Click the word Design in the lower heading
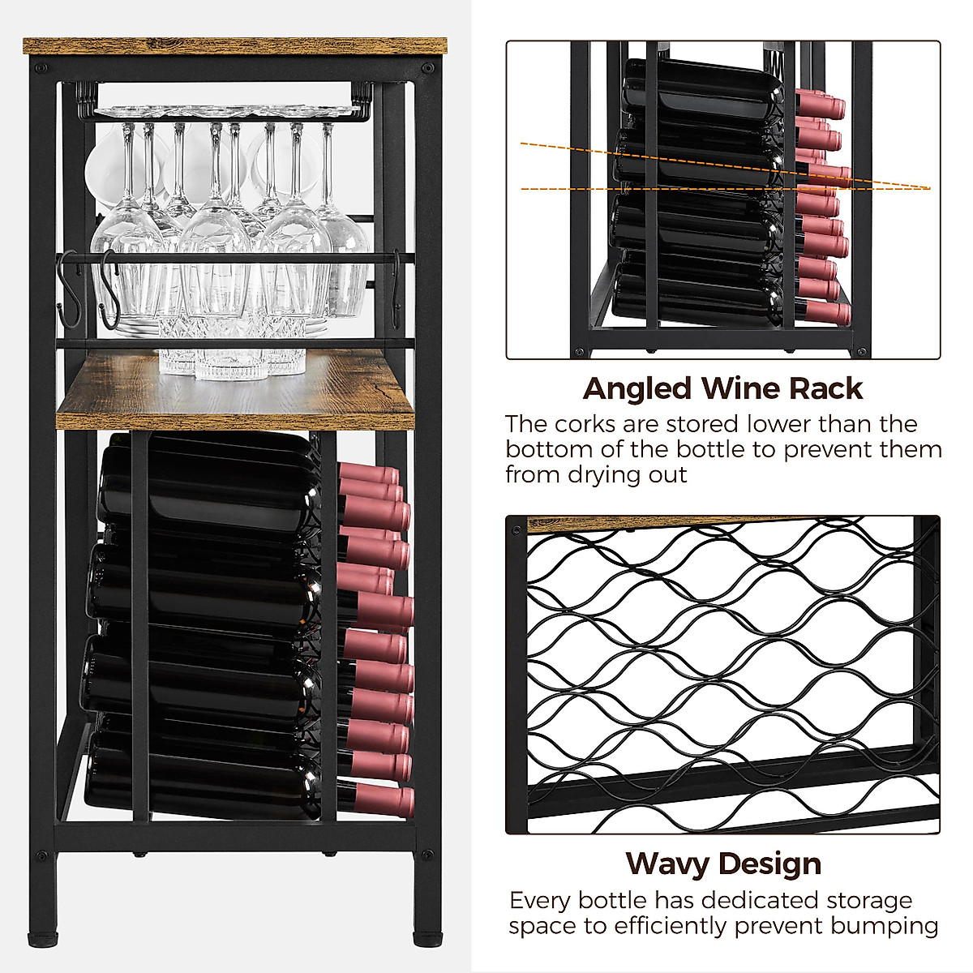click(x=772, y=864)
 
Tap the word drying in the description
click(x=604, y=474)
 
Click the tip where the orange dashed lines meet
click(x=929, y=189)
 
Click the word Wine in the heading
click(x=745, y=389)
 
